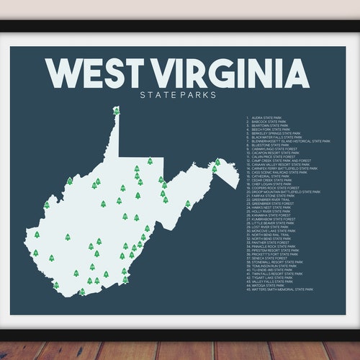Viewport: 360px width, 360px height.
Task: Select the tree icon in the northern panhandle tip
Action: [x=116, y=111]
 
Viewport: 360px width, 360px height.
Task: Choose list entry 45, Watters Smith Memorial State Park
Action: [x=282, y=289]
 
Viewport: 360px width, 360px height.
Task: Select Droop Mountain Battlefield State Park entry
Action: [x=284, y=192]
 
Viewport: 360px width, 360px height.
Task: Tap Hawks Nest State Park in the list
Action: [x=271, y=207]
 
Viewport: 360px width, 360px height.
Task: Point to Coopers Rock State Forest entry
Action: [x=274, y=187]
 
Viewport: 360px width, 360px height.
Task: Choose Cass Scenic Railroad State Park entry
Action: [x=280, y=172]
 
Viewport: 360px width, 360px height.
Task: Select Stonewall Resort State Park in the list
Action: [x=277, y=262]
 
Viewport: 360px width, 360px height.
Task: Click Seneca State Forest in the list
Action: [x=270, y=258]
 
